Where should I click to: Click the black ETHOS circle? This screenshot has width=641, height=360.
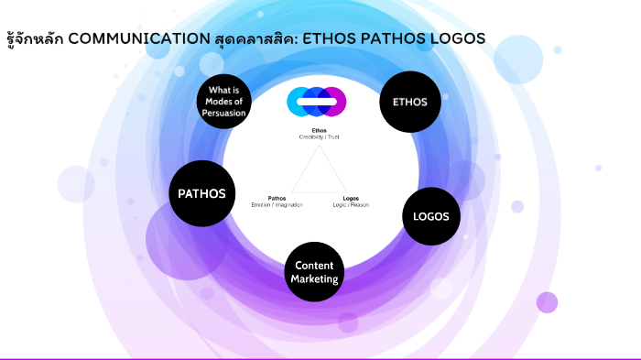(x=410, y=102)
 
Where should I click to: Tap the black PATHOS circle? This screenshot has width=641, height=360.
(x=202, y=193)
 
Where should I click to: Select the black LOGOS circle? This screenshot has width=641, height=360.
(x=431, y=217)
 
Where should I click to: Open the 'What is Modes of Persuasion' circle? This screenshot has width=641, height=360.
(x=225, y=102)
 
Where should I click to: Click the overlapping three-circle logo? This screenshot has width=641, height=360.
(x=316, y=101)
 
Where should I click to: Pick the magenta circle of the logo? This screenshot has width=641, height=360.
(x=335, y=101)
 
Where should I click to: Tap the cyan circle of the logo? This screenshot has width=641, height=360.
(x=299, y=101)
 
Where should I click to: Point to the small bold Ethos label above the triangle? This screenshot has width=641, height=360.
(x=319, y=130)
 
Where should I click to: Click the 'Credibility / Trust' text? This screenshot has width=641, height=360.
(x=319, y=136)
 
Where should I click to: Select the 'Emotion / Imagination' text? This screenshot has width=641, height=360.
(x=277, y=204)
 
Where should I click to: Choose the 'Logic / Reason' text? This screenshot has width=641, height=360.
(x=350, y=204)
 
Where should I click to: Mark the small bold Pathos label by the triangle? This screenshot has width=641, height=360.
(x=277, y=198)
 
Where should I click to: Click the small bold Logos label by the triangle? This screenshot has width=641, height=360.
(x=350, y=198)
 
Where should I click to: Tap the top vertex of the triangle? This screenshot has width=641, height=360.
(x=318, y=147)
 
